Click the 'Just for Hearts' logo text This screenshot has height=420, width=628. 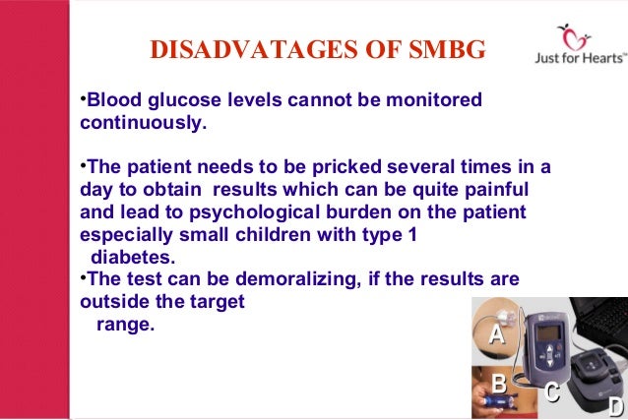pyautogui.click(x=574, y=57)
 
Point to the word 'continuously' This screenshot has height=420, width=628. pyautogui.click(x=142, y=125)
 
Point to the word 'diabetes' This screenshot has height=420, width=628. pyautogui.click(x=133, y=258)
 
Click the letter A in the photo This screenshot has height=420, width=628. pyautogui.click(x=497, y=334)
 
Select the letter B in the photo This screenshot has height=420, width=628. pyautogui.click(x=498, y=384)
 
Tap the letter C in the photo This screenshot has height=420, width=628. pyautogui.click(x=553, y=391)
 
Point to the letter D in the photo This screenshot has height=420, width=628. pyautogui.click(x=615, y=407)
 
